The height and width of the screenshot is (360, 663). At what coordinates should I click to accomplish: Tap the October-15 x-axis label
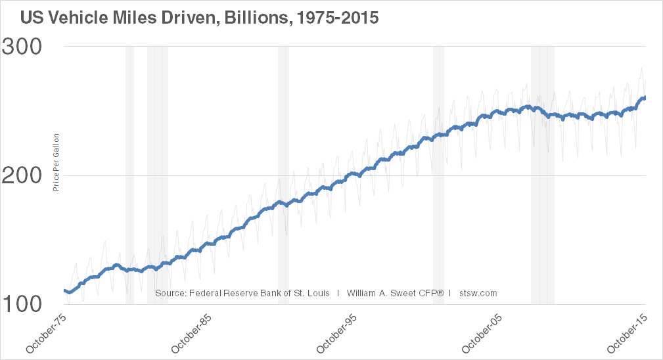tap(628, 332)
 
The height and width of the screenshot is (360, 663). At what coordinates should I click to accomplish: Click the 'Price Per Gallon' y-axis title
tap(57, 162)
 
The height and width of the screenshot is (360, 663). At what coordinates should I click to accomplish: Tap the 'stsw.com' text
tap(478, 293)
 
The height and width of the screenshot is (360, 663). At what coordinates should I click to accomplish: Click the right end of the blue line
tap(644, 98)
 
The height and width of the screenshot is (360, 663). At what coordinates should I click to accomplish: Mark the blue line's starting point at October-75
tap(64, 290)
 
